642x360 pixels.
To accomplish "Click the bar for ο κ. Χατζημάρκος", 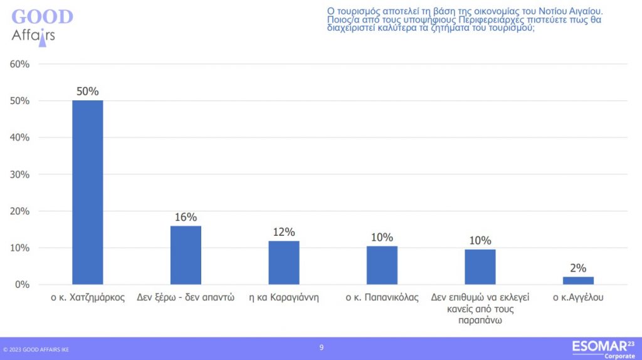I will tap(88, 192).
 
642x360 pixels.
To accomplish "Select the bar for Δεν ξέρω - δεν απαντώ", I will tap(186, 255).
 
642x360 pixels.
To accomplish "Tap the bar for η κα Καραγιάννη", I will tap(284, 262).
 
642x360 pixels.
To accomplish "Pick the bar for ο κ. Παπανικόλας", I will tap(382, 265).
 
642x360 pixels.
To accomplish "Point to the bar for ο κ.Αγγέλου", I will tap(578, 280).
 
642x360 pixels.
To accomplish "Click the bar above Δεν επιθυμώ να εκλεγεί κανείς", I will tap(480, 267).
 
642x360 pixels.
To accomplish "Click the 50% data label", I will tap(88, 92).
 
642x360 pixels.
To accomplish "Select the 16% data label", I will tap(186, 217).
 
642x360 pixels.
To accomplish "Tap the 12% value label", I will tap(284, 232).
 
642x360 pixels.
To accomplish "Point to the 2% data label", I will tap(578, 268).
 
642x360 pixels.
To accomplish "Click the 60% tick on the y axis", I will tap(19, 64).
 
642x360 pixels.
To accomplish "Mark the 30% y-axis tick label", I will tap(19, 174).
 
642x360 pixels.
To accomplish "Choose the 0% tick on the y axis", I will tap(21, 285).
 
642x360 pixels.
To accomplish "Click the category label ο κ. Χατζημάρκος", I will tap(88, 298).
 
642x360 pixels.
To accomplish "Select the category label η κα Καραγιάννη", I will tap(284, 298).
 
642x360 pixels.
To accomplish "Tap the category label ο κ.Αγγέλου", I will tap(578, 298).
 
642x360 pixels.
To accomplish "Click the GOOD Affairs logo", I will tap(41, 25).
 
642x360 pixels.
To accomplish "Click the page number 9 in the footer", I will tap(322, 347).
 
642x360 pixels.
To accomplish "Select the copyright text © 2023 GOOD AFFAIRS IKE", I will tap(36, 349).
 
